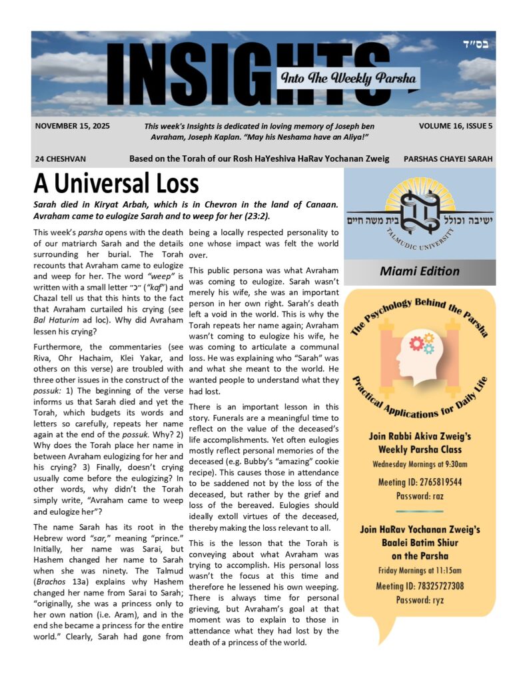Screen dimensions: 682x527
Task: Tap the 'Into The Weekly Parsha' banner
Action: (348, 79)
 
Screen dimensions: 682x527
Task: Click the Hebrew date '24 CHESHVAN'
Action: (61, 160)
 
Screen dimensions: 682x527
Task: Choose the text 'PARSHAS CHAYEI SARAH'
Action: (448, 160)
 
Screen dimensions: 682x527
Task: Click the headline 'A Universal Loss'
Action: (116, 183)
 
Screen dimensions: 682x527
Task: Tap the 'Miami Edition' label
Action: (419, 271)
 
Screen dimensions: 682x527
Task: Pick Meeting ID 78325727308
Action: (420, 585)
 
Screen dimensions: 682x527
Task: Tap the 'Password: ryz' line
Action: (420, 600)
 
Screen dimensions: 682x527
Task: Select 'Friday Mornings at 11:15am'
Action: (420, 571)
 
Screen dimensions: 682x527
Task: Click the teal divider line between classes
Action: (420, 511)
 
